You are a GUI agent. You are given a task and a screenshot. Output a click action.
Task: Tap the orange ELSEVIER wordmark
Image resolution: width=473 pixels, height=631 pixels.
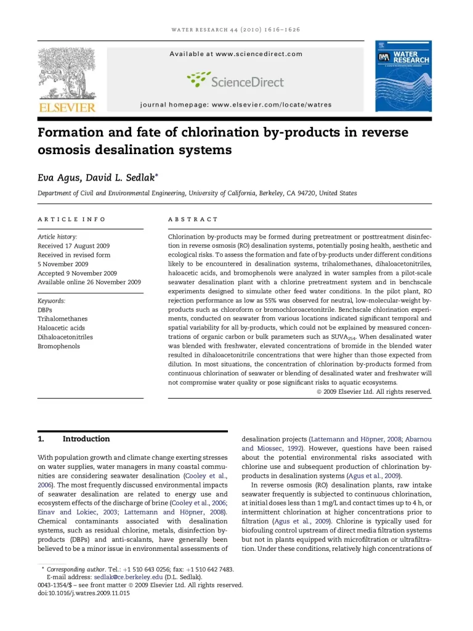coord(67,108)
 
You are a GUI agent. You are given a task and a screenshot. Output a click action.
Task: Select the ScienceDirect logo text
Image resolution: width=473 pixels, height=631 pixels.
coord(246,81)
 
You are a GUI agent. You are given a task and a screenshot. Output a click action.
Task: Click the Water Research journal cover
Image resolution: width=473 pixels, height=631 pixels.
coord(403,76)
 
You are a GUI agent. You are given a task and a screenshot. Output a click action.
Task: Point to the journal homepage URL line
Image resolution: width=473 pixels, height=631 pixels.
coord(236,105)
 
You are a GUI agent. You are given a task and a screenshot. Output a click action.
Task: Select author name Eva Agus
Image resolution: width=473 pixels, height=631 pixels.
coord(58,177)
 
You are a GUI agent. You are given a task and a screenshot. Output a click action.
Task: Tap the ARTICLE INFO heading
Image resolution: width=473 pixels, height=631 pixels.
coord(71,219)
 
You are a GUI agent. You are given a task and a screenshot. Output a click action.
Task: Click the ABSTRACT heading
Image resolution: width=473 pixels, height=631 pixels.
coord(193,219)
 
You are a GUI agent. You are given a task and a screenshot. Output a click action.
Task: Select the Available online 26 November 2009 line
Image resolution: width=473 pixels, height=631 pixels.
coord(89,282)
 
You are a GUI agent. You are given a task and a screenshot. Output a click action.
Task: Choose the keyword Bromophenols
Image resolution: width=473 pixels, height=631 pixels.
coord(59,346)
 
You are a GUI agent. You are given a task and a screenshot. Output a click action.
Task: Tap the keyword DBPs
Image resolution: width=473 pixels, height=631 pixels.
coord(45,310)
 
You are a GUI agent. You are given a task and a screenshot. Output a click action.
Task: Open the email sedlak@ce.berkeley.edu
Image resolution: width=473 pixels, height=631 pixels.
coord(123,577)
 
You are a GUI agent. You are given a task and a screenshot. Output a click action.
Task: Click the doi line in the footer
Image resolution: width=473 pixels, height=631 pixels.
coord(84,593)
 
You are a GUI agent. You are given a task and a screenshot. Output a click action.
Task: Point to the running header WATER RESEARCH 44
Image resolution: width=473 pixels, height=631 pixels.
coord(236,30)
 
